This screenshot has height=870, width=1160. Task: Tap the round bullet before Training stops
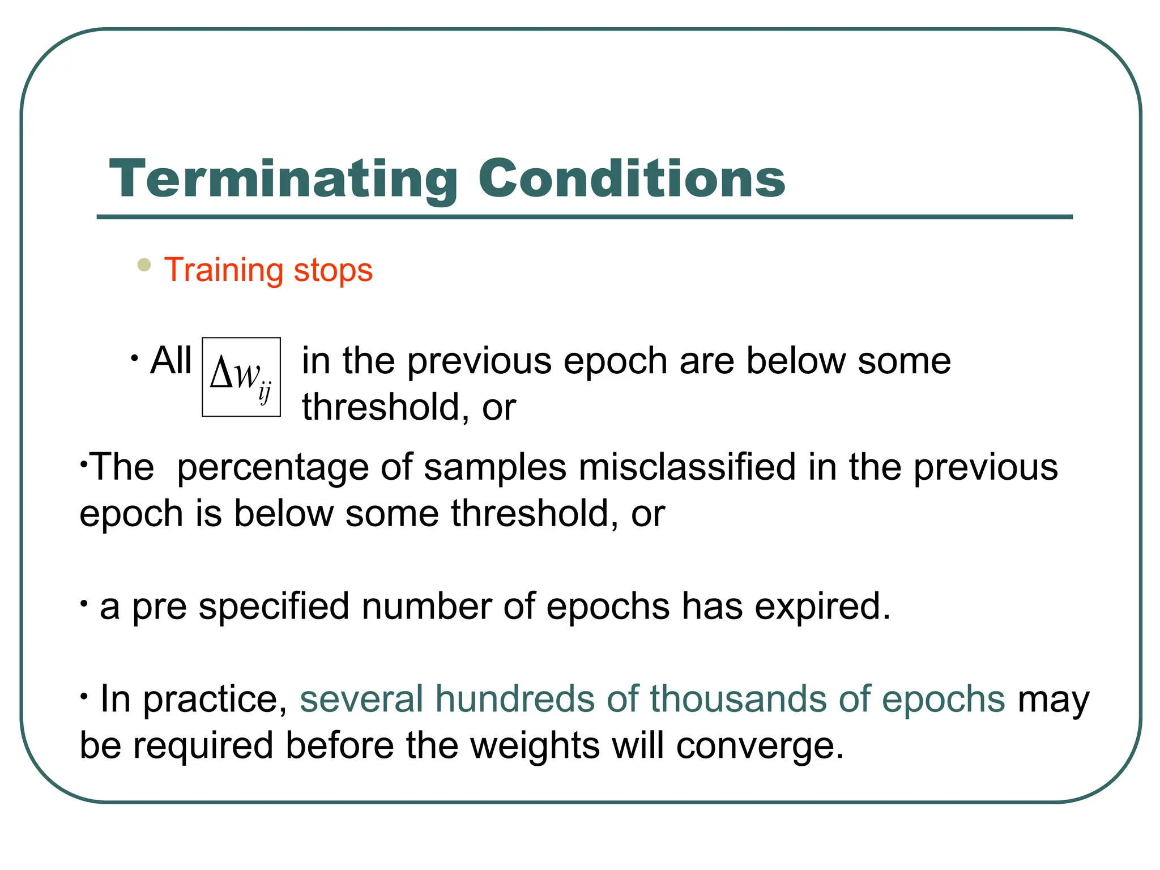pos(144,265)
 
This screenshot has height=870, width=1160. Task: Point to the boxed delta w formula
pos(241,377)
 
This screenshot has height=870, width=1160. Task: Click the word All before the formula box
pos(171,360)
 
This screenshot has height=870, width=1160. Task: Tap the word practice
pos(215,700)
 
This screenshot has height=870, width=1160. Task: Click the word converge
pos(759,746)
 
